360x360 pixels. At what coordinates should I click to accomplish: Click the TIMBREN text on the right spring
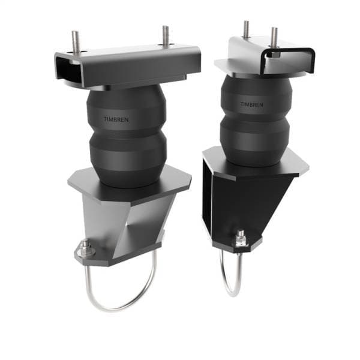click(x=251, y=104)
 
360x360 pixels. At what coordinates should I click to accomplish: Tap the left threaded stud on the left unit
click(x=76, y=41)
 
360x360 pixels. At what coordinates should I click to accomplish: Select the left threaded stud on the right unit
click(x=246, y=29)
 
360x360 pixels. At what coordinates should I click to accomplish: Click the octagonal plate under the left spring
click(x=129, y=183)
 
